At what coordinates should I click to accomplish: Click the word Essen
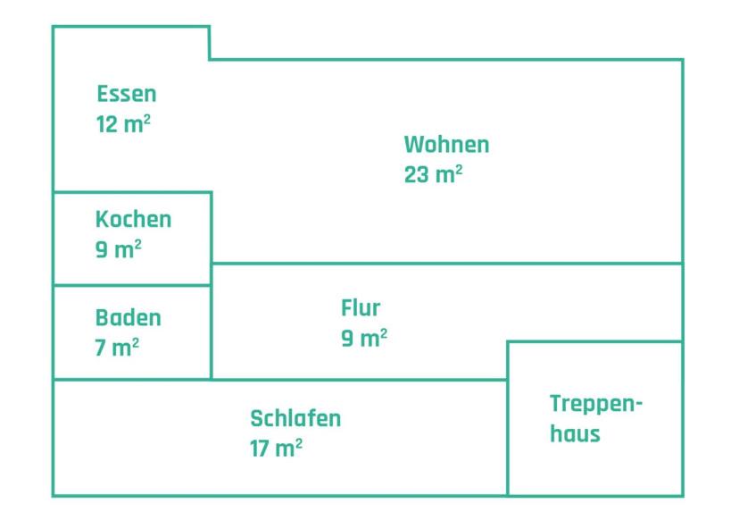click(x=127, y=94)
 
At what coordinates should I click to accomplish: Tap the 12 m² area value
click(x=123, y=124)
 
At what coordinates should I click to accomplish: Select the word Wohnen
click(x=446, y=145)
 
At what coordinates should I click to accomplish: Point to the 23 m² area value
click(x=433, y=174)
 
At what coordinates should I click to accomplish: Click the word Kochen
click(x=133, y=220)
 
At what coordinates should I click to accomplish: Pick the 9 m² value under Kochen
click(x=119, y=249)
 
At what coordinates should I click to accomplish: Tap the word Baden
click(x=129, y=317)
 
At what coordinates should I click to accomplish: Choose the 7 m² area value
click(x=117, y=348)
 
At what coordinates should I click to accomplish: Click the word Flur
click(x=361, y=307)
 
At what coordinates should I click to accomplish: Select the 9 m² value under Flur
click(x=364, y=338)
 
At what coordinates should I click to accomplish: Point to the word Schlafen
click(x=295, y=418)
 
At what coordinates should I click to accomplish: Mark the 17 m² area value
click(x=276, y=449)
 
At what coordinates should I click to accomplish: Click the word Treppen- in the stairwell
click(x=596, y=404)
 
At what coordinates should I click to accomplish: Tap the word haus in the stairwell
click(x=575, y=433)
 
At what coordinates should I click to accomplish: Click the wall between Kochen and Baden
click(x=132, y=285)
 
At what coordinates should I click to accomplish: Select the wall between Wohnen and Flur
click(x=447, y=264)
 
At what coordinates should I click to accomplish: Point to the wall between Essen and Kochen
click(x=132, y=192)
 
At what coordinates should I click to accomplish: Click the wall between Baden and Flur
click(x=212, y=332)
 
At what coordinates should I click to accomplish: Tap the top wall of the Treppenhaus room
click(x=595, y=341)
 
